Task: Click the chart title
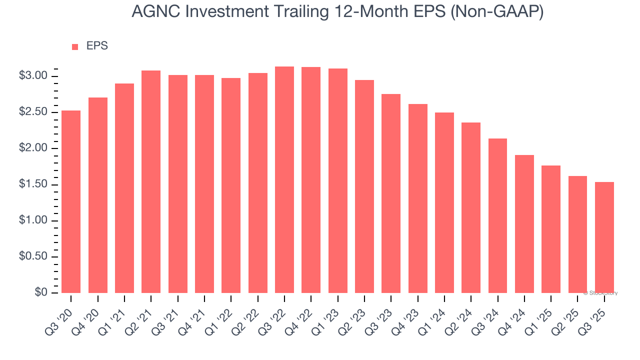coord(337,12)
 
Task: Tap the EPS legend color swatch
coord(75,46)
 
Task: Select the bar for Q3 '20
coord(71,201)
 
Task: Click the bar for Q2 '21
coord(151,181)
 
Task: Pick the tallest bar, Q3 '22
coord(284,179)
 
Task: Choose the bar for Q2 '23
coord(364,186)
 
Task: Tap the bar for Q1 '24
coord(444,202)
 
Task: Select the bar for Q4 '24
coord(524,223)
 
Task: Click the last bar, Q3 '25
coord(604,237)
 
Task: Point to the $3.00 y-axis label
coord(33,76)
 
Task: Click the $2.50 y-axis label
coord(33,112)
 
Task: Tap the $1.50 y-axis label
coord(33,184)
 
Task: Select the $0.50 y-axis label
coord(33,256)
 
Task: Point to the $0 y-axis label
coord(41,292)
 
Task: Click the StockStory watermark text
coord(600,293)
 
